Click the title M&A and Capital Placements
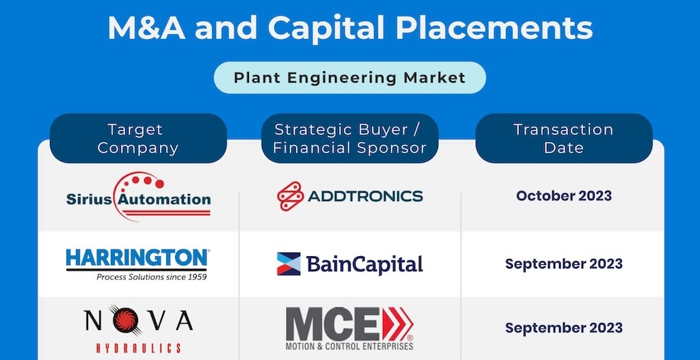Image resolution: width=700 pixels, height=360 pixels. click(x=350, y=28)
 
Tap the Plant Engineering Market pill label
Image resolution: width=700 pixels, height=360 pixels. click(x=349, y=78)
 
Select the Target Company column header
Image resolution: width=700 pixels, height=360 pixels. click(x=138, y=138)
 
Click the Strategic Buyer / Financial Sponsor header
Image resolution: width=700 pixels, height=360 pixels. click(x=349, y=138)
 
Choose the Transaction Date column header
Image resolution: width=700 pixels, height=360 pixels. click(x=564, y=138)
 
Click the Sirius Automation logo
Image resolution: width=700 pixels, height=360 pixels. click(x=138, y=196)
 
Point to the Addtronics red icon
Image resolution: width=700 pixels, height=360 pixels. click(x=290, y=196)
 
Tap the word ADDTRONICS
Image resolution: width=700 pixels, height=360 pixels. click(x=365, y=196)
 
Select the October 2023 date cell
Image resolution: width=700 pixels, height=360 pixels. click(x=564, y=196)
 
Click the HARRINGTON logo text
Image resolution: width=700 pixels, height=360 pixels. click(x=137, y=258)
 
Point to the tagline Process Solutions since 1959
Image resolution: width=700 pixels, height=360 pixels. click(x=152, y=277)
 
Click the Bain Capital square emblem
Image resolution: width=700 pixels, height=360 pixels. click(x=289, y=264)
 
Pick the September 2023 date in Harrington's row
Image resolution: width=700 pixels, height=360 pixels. click(x=564, y=264)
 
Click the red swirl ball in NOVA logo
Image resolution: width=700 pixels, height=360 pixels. click(x=125, y=320)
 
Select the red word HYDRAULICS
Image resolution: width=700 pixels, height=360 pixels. click(x=138, y=348)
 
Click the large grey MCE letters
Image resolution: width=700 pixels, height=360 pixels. click(x=333, y=323)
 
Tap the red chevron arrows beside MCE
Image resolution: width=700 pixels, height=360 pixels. click(x=399, y=323)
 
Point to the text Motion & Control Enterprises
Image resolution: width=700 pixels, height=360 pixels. click(x=349, y=346)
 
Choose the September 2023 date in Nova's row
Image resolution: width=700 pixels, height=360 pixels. click(x=564, y=328)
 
